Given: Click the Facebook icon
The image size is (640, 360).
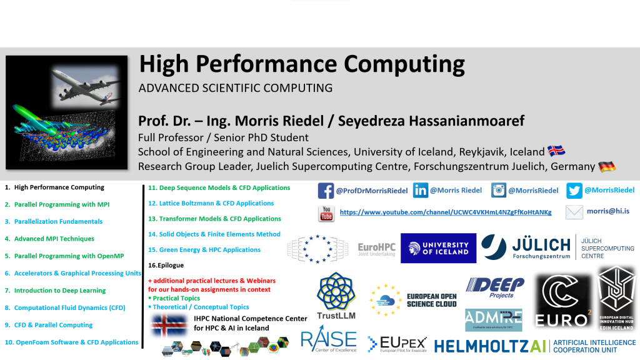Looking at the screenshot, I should tap(326, 191).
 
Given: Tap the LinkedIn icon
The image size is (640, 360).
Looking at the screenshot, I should tap(421, 191).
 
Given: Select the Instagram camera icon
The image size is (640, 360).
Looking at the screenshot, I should tap(498, 191).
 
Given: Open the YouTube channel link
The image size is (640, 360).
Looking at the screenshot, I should tap(446, 212).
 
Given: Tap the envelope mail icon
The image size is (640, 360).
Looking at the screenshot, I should tap(574, 212).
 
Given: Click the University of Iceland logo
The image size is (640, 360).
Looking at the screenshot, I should tap(438, 248).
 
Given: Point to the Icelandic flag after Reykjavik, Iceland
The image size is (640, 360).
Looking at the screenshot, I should tap(556, 152).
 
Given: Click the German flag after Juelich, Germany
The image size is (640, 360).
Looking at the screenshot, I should tap(606, 167).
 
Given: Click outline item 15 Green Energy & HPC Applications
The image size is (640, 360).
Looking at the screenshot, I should tap(204, 250).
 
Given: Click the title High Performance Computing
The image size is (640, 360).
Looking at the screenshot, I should tap(301, 64).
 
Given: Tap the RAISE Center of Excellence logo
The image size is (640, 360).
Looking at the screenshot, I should tap(328, 341).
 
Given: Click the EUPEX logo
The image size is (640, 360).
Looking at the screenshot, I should tap(397, 343).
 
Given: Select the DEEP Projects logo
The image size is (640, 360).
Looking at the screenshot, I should tap(494, 287).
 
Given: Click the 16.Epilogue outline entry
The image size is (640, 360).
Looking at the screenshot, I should tap(166, 265).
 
